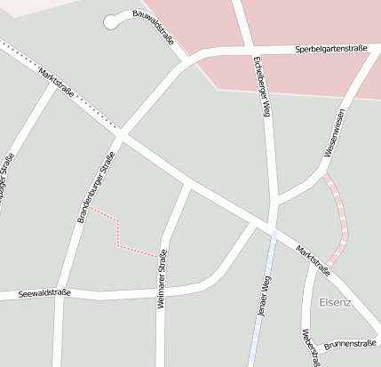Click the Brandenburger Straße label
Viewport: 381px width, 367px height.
click(96, 187)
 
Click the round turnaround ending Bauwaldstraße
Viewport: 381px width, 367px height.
click(111, 21)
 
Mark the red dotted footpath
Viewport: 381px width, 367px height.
click(119, 233)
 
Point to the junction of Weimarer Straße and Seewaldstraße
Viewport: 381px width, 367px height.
click(161, 290)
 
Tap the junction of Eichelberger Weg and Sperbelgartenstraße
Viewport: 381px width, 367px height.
click(245, 50)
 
